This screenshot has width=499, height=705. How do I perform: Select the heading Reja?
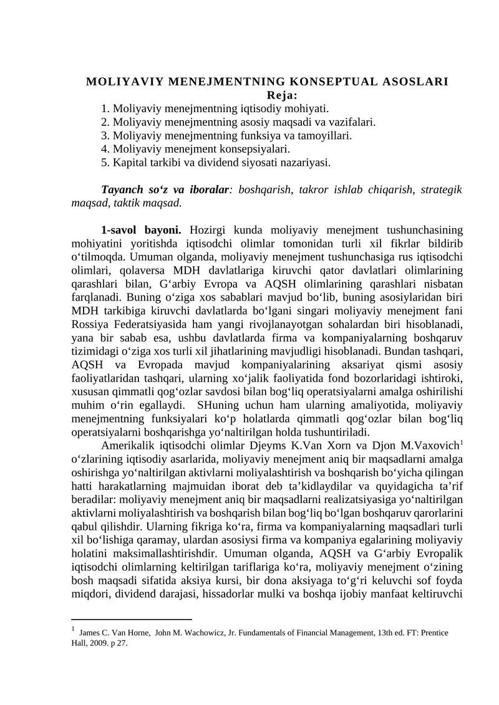tap(282, 95)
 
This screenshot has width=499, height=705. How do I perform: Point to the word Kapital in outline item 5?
tap(130, 163)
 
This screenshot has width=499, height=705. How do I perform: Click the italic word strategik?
tap(440, 189)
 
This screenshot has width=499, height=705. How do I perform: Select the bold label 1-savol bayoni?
tap(141, 229)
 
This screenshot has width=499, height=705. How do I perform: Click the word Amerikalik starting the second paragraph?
tap(128, 448)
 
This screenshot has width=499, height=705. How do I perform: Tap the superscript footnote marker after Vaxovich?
tap(460, 444)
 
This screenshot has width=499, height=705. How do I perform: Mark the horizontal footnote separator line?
tap(132, 620)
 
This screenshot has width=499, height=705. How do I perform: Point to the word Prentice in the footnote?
tap(430, 633)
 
